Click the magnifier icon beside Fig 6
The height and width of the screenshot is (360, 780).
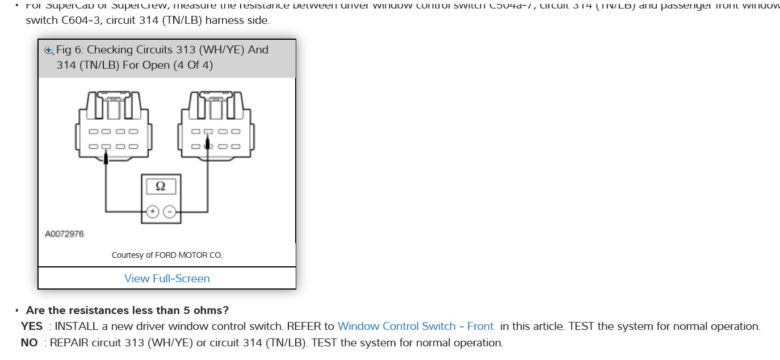[49, 50]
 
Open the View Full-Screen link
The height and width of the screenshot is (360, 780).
[167, 278]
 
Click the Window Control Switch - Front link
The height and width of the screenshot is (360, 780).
[416, 326]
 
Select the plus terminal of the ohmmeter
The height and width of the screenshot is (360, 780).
[152, 212]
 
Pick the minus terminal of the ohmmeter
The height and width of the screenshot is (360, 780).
[169, 212]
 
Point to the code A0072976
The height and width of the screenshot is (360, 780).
[64, 234]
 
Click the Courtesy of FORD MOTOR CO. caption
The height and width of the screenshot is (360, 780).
[167, 255]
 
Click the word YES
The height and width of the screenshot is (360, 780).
[32, 326]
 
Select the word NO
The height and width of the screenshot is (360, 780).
[29, 343]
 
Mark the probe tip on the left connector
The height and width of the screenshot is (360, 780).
[106, 158]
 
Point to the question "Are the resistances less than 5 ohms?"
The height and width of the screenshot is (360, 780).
[127, 311]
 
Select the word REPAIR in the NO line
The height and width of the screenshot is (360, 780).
[69, 343]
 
